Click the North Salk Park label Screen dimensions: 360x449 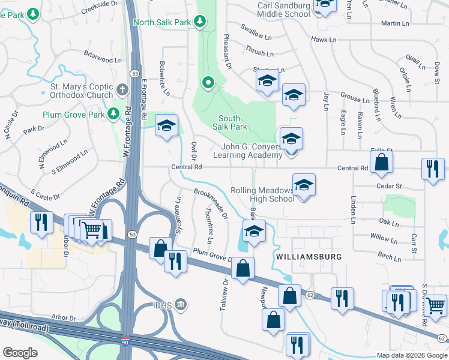[162, 22]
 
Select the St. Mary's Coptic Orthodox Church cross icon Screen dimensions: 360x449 [122, 91]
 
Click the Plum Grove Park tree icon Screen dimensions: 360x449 [113, 114]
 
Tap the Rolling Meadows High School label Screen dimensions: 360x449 [262, 195]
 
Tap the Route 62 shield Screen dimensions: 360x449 [310, 295]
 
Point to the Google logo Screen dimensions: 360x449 [20, 352]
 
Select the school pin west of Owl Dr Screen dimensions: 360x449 [166, 125]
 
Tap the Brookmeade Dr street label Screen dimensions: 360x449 [210, 205]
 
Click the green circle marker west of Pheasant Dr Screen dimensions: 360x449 [208, 82]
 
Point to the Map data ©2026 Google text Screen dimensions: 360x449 [412, 355]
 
